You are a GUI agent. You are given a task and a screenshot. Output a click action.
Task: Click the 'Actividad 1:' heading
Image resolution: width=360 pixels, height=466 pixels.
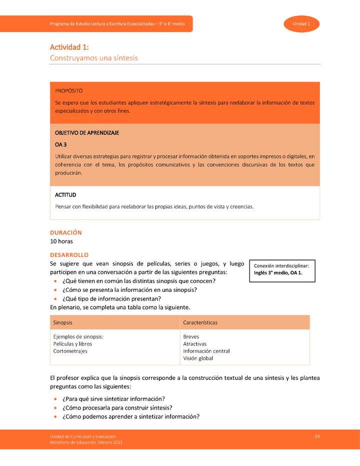[69, 47]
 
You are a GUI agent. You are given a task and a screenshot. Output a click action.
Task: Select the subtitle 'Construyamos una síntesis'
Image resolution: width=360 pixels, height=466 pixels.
[93, 58]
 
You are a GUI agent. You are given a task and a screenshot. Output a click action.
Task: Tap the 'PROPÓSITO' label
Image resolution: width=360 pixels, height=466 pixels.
[69, 91]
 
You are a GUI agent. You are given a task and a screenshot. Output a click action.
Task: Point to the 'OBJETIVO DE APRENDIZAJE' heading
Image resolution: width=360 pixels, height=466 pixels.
[87, 133]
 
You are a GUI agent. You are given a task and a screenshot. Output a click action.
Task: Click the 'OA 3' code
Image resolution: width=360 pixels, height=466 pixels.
[61, 144]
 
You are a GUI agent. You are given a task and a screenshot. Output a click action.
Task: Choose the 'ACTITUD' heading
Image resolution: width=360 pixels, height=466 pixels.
[65, 195]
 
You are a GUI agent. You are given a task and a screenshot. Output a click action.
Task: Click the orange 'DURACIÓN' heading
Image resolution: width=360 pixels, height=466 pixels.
[66, 232]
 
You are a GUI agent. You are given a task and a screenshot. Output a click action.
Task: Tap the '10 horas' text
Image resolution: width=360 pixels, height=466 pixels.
[61, 241]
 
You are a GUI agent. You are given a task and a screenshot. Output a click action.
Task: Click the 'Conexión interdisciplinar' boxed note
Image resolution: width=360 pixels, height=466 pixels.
[282, 269]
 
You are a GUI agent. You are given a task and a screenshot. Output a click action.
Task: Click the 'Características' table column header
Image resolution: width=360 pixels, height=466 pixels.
[200, 322]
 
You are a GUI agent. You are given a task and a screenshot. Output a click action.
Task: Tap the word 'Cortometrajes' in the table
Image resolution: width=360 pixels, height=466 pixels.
[70, 351]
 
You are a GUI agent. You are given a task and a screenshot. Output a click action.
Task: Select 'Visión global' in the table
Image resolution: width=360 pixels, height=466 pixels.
[198, 358]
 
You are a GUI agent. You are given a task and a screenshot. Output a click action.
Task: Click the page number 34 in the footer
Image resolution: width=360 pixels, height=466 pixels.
[317, 436]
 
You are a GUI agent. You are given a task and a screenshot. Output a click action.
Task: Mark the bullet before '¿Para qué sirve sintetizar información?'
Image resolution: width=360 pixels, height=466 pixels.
[54, 399]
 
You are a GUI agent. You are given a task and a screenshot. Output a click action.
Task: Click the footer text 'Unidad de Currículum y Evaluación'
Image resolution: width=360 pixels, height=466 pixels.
[82, 437]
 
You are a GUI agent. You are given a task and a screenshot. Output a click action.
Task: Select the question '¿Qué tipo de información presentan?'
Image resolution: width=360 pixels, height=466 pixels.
[111, 298]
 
